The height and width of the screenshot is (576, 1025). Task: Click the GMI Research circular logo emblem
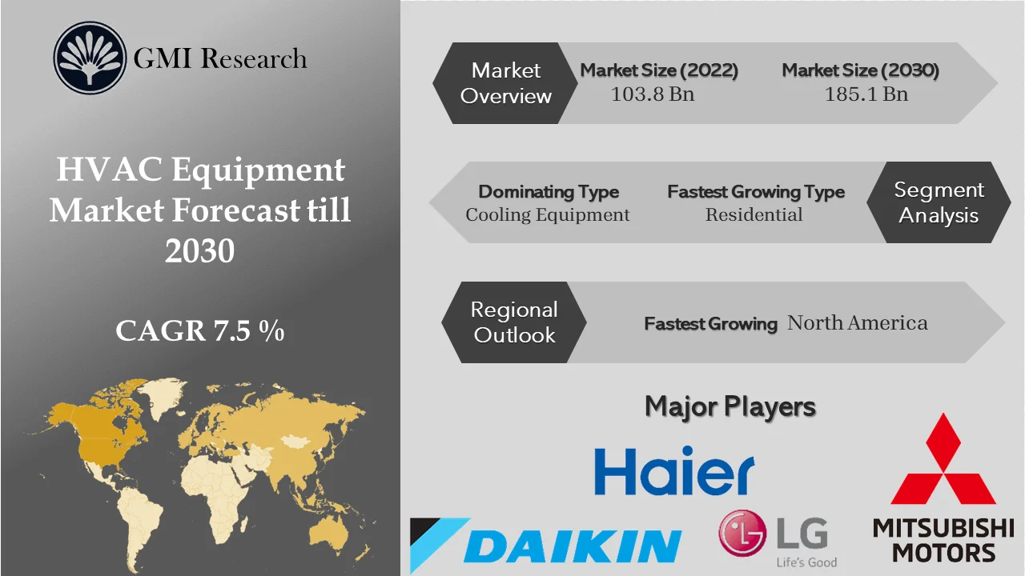click(90, 58)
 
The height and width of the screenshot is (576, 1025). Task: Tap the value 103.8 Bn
click(652, 94)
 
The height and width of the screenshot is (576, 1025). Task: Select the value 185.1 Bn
click(866, 94)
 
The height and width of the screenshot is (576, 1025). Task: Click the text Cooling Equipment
click(548, 215)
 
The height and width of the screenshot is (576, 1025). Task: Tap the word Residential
click(754, 215)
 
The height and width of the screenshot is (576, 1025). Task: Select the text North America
click(857, 323)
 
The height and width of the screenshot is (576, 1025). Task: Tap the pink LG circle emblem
click(743, 534)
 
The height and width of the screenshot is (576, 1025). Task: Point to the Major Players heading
click(730, 406)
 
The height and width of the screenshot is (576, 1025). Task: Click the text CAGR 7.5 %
click(199, 330)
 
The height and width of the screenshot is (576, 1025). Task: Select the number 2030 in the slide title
click(199, 251)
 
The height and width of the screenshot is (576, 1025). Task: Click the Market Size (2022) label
click(659, 70)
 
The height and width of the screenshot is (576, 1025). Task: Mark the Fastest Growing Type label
click(755, 192)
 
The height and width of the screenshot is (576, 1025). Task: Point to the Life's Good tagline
click(806, 562)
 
